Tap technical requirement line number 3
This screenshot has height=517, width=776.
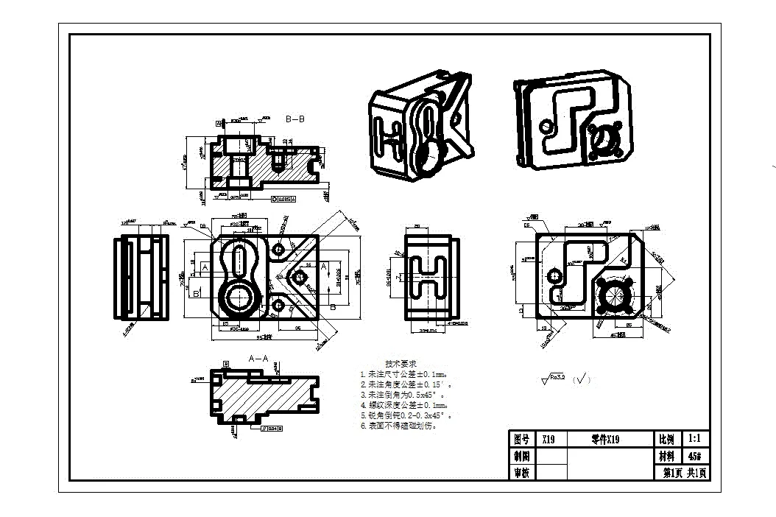click(405, 395)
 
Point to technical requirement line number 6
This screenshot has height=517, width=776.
click(398, 426)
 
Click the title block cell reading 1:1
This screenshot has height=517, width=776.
click(696, 438)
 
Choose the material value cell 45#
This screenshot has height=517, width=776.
click(696, 456)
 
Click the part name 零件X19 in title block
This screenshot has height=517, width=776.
click(606, 440)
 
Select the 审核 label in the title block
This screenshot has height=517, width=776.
click(521, 473)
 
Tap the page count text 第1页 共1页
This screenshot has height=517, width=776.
click(685, 473)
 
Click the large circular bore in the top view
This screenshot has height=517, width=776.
click(239, 298)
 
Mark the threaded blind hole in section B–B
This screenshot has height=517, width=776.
click(279, 158)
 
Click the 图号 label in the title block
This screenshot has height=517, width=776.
click(521, 440)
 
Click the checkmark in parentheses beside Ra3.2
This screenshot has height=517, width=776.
click(582, 379)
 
